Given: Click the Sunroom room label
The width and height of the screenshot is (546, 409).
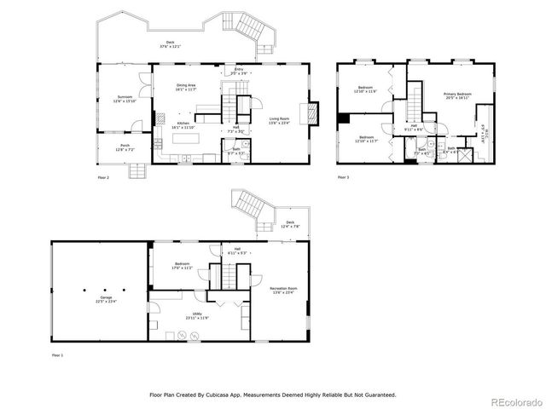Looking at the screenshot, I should tap(125, 100).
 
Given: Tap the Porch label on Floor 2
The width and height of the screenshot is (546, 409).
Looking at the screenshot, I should tap(125, 148).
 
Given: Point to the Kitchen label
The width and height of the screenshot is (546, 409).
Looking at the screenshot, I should tap(183, 125).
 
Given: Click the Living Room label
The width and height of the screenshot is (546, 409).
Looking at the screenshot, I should tap(280, 121).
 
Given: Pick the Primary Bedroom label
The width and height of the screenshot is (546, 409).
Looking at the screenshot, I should tap(457, 95).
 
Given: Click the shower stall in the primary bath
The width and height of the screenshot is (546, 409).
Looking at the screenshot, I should tap(467, 156).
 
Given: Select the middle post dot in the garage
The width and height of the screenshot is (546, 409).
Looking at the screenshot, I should tap(100, 287).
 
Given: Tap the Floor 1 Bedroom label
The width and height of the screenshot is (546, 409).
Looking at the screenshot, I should tap(182, 266).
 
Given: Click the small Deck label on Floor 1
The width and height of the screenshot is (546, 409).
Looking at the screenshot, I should tap(291, 225).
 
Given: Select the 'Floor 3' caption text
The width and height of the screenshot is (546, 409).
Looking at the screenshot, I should tap(343, 176).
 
